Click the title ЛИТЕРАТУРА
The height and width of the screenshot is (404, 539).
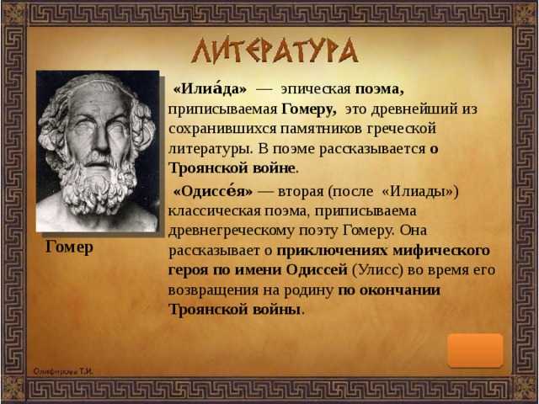point(275,50)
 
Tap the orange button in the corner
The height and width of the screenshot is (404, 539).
point(475,350)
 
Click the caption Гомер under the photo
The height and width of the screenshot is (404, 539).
point(69,247)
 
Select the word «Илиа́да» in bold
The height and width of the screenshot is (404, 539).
point(210,88)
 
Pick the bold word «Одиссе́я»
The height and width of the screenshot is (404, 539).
point(213,191)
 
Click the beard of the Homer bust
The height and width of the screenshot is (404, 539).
point(98,185)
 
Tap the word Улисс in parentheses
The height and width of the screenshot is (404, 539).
point(378,270)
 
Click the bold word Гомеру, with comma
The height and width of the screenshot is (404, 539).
point(309,109)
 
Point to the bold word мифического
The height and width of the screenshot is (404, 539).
point(441,251)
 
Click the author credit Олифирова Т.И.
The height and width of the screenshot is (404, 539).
point(63,371)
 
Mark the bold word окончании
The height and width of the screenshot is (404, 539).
point(399,290)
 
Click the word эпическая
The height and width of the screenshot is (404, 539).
point(316,89)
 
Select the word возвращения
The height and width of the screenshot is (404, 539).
point(213,290)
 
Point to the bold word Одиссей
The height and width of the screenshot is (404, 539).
point(317,270)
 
